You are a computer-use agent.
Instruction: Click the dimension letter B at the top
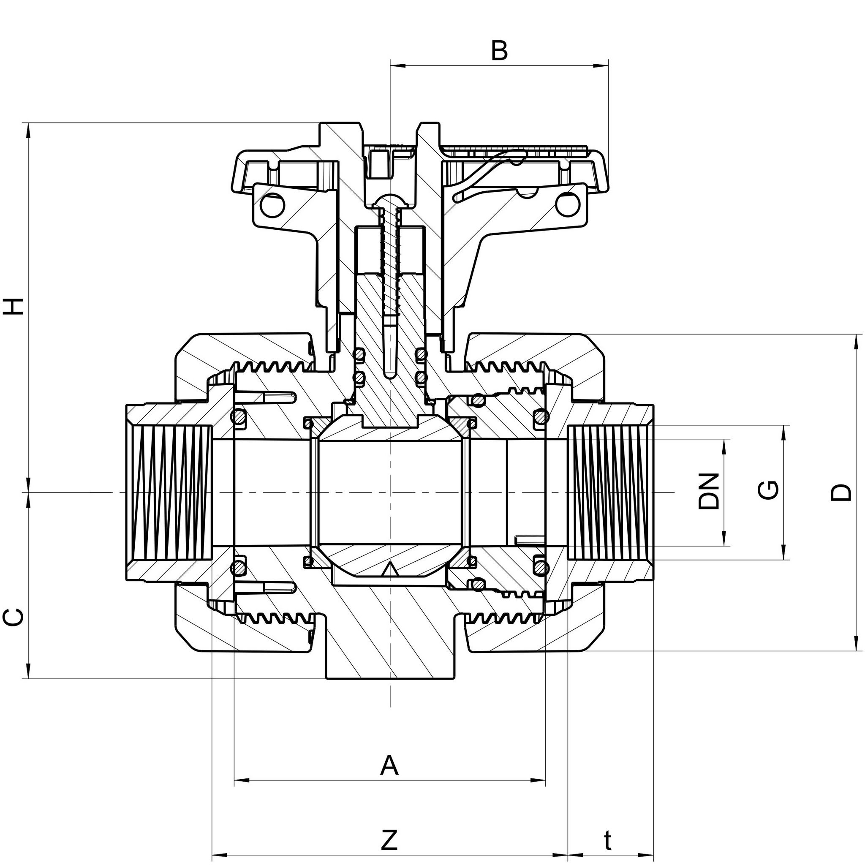pos(499,51)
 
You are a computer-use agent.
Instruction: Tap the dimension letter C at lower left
pos(14,617)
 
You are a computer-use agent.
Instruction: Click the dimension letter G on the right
pos(768,490)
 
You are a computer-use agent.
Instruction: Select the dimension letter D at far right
pos(841,492)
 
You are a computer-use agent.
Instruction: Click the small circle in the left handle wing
pos(273,205)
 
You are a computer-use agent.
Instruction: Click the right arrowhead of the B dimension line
pos(602,66)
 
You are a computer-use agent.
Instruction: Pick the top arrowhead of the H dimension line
pos(30,130)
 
